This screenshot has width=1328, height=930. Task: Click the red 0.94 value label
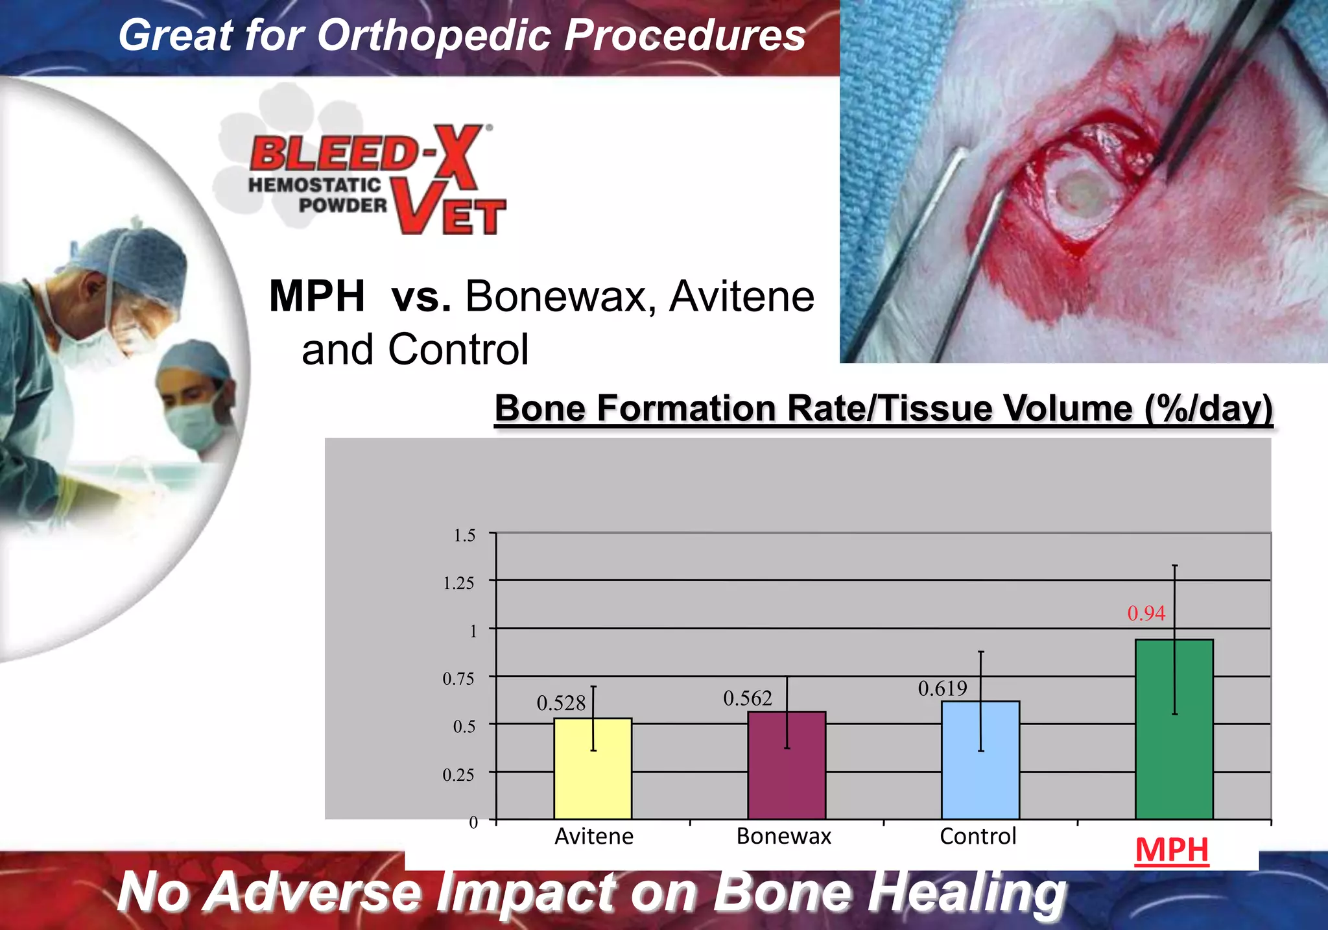(x=1146, y=614)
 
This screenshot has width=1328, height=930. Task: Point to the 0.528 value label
(x=561, y=703)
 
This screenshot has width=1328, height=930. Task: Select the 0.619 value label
(x=942, y=689)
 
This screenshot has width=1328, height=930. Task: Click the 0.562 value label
(x=747, y=698)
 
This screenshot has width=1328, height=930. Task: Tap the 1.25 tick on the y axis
(x=458, y=583)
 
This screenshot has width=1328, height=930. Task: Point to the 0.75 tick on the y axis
(x=458, y=679)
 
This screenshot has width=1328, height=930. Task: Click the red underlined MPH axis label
(x=1172, y=850)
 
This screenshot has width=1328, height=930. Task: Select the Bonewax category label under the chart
(x=783, y=837)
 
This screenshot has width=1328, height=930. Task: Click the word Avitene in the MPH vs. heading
(x=741, y=297)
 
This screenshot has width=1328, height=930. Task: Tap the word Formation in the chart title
(x=685, y=409)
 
